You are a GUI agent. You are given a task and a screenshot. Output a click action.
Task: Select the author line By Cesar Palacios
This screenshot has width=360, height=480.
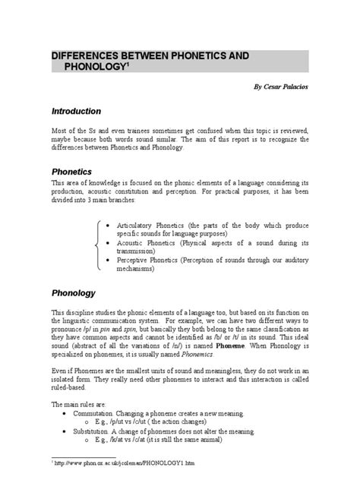[281, 88]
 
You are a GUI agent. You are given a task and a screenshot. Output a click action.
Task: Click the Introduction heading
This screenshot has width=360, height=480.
[82, 112]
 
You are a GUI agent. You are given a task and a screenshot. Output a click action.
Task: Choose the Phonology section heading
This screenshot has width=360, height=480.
[73, 292]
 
